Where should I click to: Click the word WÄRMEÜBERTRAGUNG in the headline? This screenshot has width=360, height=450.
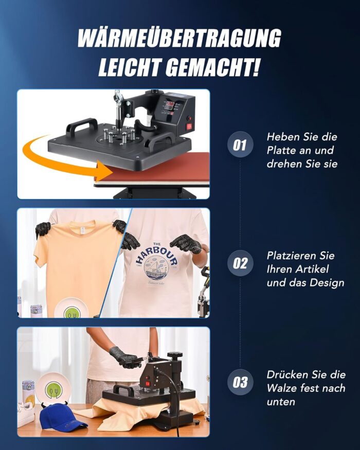coord(179,39)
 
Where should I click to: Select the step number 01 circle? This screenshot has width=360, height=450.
coord(240,145)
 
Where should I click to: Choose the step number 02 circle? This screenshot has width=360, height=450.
coord(240,263)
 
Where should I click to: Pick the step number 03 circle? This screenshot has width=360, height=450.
coord(240,383)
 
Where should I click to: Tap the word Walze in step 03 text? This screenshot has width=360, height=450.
coord(282,388)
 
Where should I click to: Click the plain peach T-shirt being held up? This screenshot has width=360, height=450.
coord(77,262)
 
